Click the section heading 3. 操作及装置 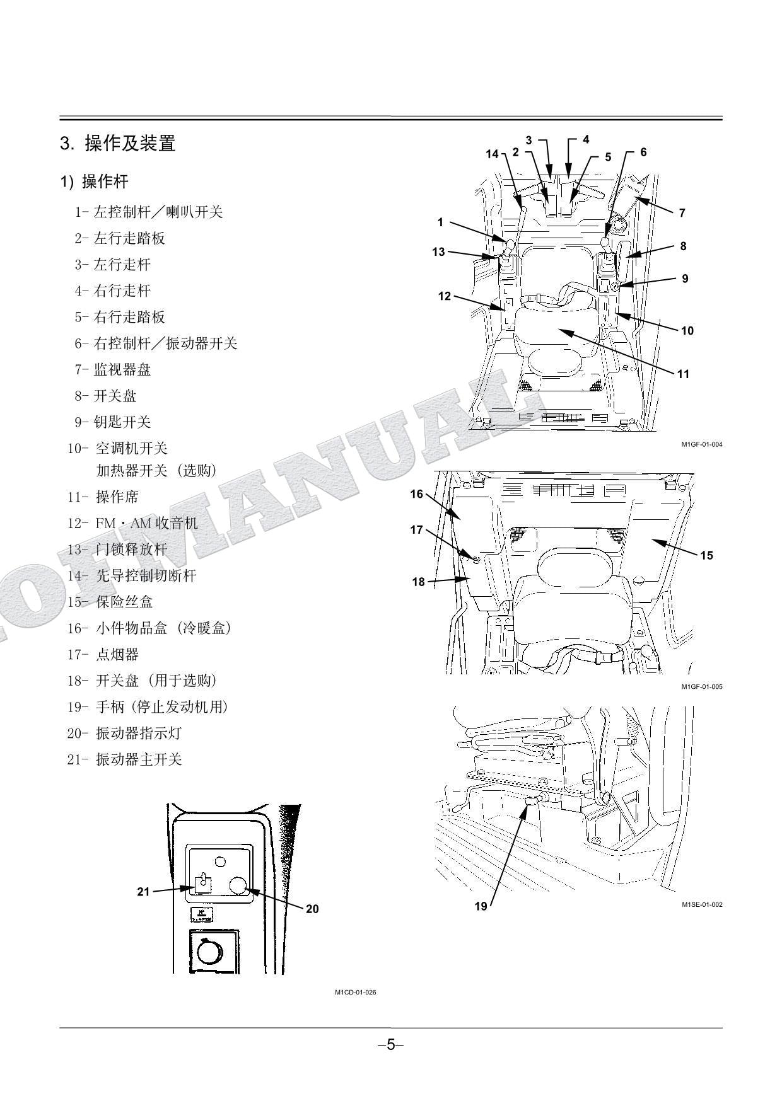coord(118,144)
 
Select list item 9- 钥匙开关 coord(113,422)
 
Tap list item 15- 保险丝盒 coord(110,602)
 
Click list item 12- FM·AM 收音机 coord(132,523)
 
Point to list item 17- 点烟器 coord(103,654)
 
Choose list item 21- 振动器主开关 coord(125,759)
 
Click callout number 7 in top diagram coord(682,213)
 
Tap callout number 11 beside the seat coord(684,374)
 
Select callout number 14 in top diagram coord(493,154)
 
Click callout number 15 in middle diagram coord(706,555)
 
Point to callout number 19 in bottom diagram coord(481,906)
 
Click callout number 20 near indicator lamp coord(312,909)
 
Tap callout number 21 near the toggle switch coord(144,891)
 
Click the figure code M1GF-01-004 coord(701,444)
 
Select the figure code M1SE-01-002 coord(701,904)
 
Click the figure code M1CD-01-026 coord(355,993)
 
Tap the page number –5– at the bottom coord(390,1045)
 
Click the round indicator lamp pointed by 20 coord(238,885)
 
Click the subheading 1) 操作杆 coord(95,182)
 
